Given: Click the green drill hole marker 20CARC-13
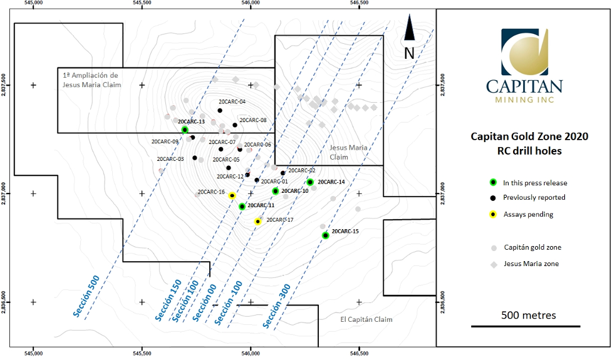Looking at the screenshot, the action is [x=185, y=130].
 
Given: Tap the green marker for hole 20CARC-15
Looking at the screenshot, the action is [x=326, y=235].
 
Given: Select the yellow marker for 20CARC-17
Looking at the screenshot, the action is [x=257, y=222].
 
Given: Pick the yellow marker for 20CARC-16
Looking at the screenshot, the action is [x=232, y=195].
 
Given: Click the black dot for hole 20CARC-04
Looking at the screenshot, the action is [x=220, y=110].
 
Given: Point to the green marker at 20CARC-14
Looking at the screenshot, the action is [x=310, y=182].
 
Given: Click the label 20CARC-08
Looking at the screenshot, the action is [x=253, y=120].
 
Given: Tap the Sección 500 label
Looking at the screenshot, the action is [x=86, y=296].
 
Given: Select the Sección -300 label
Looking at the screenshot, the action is [x=277, y=306].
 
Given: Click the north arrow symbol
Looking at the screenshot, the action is [x=409, y=28].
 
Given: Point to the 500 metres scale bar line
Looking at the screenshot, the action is [x=526, y=326].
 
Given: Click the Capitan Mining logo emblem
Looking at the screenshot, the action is [x=525, y=52].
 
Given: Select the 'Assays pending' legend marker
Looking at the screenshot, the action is [x=494, y=214].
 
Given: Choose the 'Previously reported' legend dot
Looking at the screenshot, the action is [x=494, y=198].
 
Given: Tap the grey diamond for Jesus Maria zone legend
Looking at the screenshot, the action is [x=494, y=265].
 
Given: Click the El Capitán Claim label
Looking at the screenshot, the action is [x=366, y=319].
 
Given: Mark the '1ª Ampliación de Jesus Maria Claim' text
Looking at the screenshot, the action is [x=91, y=80].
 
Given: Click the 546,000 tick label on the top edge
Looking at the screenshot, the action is [x=251, y=3].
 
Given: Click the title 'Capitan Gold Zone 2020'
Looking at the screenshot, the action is [x=529, y=136].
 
